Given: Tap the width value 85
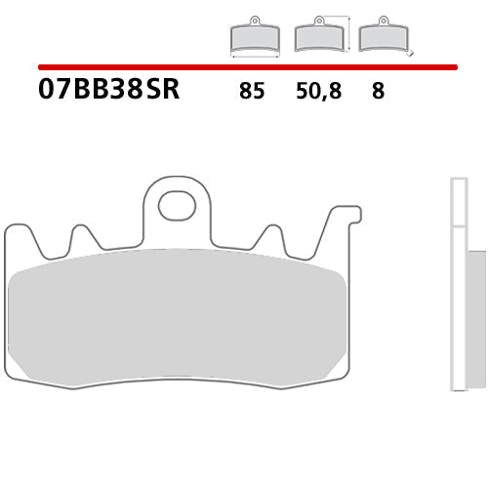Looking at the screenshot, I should [x=250, y=93].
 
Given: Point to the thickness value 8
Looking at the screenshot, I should [x=377, y=93].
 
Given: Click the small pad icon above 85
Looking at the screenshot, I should [x=254, y=37].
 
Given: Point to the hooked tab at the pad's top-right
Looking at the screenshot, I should [x=346, y=217].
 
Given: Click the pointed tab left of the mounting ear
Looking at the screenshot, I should [x=82, y=237].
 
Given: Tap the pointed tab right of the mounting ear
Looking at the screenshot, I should [x=271, y=237].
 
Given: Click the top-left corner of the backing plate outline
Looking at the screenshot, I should [x=10, y=228].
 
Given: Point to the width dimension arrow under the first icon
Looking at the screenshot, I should [x=254, y=56].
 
